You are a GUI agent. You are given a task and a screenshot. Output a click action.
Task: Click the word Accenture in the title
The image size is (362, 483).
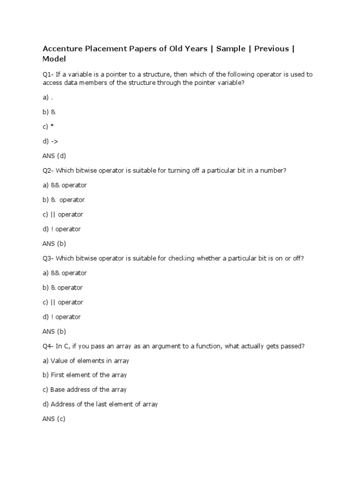[x=63, y=49]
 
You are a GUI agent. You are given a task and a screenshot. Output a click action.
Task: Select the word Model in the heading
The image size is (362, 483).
[x=54, y=59]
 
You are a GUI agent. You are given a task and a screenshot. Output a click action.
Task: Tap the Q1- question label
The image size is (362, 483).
[x=48, y=75]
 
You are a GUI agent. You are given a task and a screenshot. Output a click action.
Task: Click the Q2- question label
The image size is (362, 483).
[x=48, y=170]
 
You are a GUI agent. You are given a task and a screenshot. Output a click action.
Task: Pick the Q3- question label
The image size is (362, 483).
[x=48, y=258]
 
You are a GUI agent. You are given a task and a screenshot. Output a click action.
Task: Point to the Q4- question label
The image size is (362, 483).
[x=48, y=346]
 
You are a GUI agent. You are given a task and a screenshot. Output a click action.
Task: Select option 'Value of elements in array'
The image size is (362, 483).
[x=90, y=361]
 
